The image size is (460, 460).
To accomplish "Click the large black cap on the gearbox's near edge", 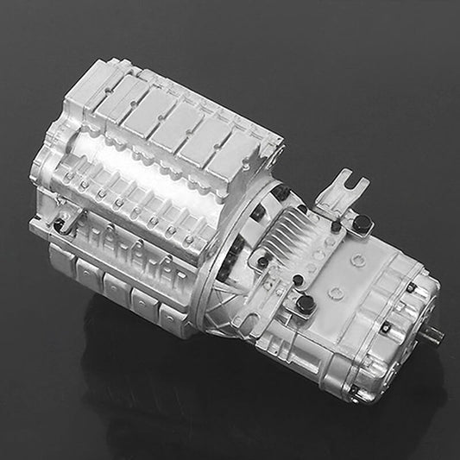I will click(x=305, y=303).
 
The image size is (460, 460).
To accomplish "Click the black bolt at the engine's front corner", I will click(x=58, y=225).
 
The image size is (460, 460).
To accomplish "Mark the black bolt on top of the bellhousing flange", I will click(x=282, y=192).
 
